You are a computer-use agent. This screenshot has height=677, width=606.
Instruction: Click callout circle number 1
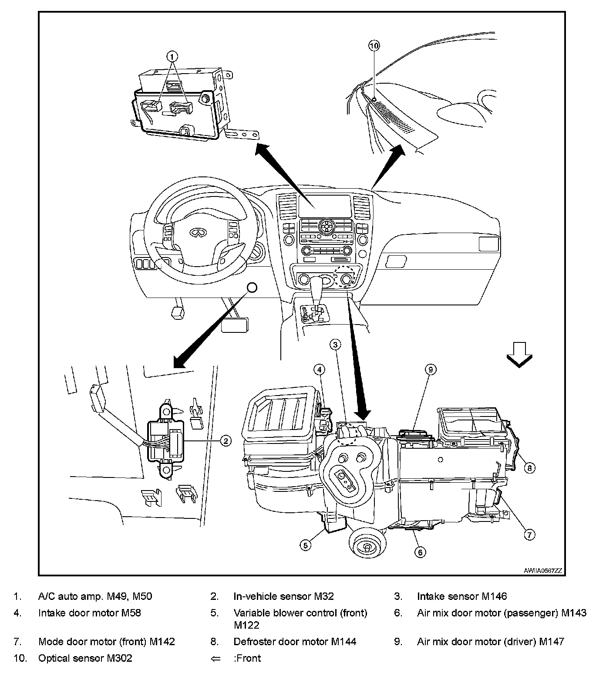tap(172, 56)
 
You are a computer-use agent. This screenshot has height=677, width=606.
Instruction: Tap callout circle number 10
tap(374, 45)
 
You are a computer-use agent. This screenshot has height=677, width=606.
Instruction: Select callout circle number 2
tap(225, 441)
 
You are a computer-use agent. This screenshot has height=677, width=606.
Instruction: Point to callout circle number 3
tap(335, 345)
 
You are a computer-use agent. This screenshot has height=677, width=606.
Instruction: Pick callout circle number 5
tap(306, 545)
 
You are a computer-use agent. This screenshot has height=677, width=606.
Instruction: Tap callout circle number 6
tap(420, 552)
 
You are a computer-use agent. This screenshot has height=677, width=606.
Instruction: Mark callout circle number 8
tap(529, 468)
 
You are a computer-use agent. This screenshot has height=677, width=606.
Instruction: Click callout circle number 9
tap(430, 370)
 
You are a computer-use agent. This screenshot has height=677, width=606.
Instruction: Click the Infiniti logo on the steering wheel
tap(197, 234)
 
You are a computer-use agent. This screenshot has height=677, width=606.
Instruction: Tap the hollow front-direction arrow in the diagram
tap(520, 354)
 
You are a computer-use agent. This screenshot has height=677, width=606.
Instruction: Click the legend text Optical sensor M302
tap(85, 658)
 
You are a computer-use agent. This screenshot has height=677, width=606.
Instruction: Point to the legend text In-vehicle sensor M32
tap(283, 596)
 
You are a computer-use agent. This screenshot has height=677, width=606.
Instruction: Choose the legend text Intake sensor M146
tap(461, 596)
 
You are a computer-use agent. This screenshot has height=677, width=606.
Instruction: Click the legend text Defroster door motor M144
tap(295, 641)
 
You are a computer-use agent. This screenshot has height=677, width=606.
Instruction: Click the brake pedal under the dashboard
tap(235, 325)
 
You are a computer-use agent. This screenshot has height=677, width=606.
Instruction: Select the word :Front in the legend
tap(247, 658)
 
